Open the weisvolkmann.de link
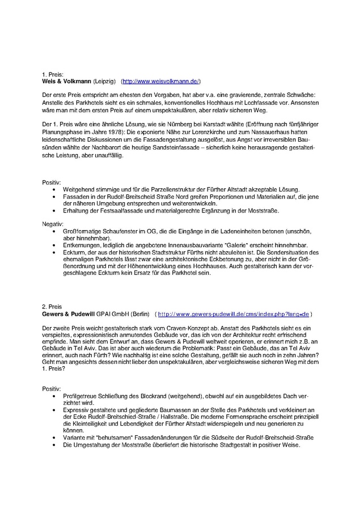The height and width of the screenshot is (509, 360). [x=161, y=81]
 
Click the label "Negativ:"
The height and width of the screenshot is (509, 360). [x=53, y=224]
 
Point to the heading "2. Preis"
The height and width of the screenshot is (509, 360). [x=52, y=307]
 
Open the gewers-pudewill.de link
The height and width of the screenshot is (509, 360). [x=233, y=313]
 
